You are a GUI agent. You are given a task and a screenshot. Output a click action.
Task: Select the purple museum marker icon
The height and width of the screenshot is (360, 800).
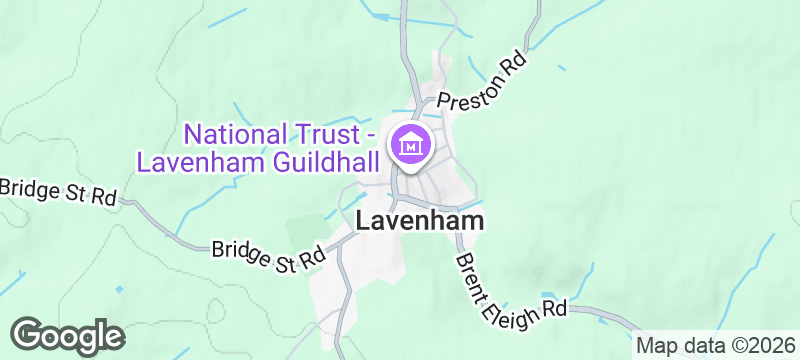click(x=410, y=146)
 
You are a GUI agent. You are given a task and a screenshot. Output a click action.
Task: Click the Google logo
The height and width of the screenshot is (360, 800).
click(x=67, y=335)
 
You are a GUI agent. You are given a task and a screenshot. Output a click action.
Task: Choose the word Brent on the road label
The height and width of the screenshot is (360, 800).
click(x=470, y=270)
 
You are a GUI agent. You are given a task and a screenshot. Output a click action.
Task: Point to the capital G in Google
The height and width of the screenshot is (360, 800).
click(x=30, y=335)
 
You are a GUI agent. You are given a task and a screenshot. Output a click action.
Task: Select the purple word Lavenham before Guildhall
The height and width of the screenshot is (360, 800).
click(x=195, y=161)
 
